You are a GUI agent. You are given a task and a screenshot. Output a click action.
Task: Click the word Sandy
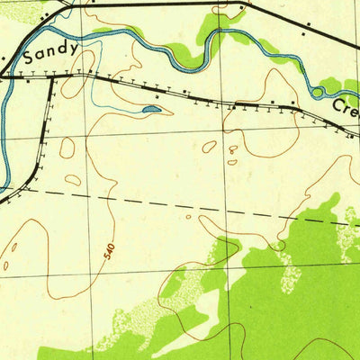tap(51, 53)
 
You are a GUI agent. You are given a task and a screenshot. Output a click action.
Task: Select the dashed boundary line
tap(198, 206)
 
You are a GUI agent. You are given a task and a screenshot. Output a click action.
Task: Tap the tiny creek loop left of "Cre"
tap(316, 91)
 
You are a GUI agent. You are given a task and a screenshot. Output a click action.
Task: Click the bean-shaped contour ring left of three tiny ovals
tap(210, 146)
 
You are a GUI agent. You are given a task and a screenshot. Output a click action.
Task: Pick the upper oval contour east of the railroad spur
tap(67, 148)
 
